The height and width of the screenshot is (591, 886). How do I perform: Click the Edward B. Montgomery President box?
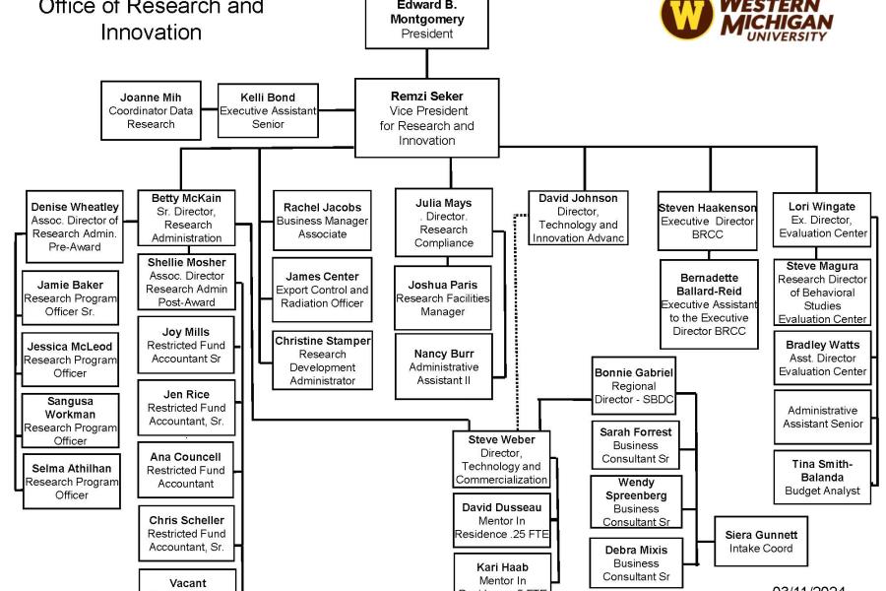tap(426, 22)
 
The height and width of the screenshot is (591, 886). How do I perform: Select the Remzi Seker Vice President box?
tap(426, 118)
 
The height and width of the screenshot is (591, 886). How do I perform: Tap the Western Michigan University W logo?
tap(686, 18)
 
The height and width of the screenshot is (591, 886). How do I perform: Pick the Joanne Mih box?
tap(151, 110)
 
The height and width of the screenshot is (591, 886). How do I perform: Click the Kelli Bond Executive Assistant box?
tap(268, 110)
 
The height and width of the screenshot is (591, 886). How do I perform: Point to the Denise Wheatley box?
tap(75, 227)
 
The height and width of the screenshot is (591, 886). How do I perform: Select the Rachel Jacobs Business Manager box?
tap(322, 221)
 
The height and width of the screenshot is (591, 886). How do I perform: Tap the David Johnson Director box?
tap(578, 218)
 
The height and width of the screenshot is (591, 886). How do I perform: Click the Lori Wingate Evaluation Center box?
tap(822, 220)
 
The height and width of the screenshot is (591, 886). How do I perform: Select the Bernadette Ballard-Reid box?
tap(708, 304)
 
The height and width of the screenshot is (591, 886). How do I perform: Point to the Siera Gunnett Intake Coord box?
tap(761, 541)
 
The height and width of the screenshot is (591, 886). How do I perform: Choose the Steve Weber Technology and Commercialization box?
tap(501, 459)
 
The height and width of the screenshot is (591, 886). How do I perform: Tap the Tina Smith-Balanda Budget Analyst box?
tap(822, 477)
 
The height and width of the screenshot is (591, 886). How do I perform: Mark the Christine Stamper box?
tap(322, 360)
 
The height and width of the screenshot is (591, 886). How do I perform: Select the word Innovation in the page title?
tap(151, 32)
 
